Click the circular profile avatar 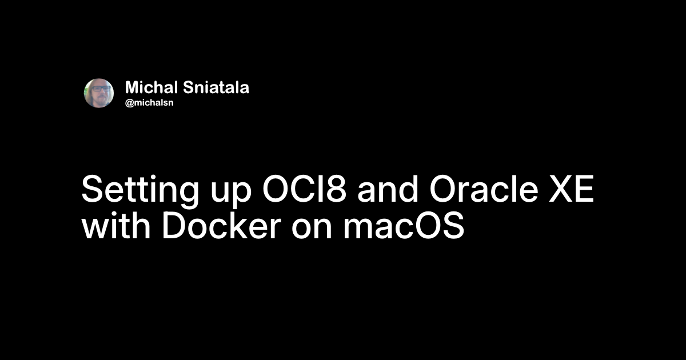[99, 93]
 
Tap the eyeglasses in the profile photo [101, 89]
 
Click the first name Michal [151, 87]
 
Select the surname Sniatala [216, 87]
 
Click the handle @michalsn [149, 102]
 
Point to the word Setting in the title [140, 190]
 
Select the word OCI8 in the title [305, 189]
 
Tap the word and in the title [388, 189]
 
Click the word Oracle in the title [484, 189]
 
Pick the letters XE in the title [572, 189]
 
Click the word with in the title [116, 226]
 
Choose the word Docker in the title [221, 226]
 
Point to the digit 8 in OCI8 [336, 189]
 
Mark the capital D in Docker [173, 226]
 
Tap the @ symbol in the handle [130, 103]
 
